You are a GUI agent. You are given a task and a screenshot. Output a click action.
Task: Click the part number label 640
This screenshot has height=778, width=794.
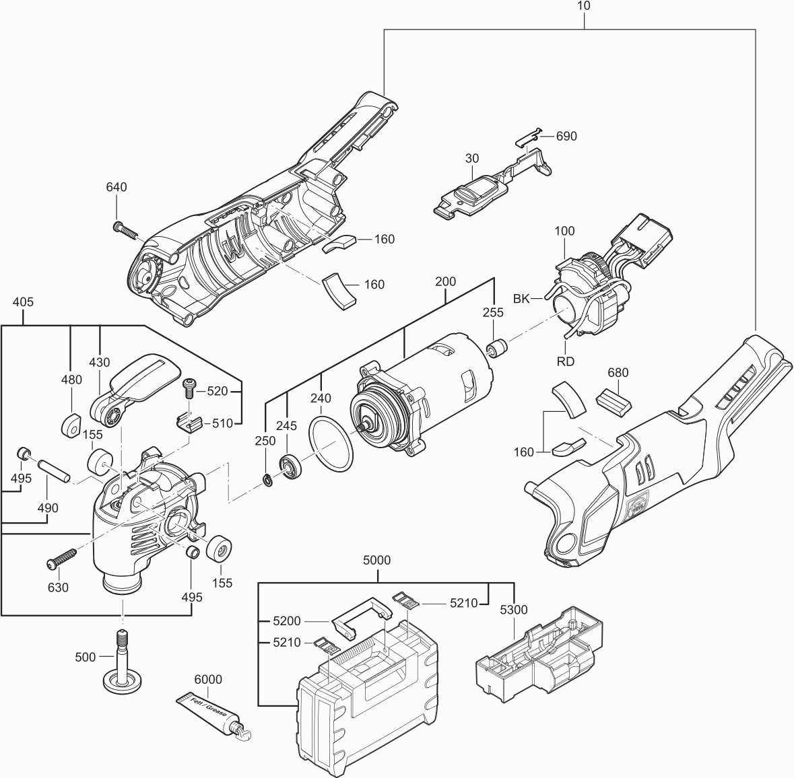tap(116, 187)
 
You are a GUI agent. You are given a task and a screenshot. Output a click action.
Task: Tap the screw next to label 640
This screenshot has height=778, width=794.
tap(125, 230)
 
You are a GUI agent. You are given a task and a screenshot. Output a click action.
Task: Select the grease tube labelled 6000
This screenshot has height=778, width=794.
tap(209, 713)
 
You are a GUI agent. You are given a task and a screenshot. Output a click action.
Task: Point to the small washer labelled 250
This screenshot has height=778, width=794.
tap(267, 480)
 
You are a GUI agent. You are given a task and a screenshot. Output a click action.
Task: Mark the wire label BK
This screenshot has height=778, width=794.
tap(521, 299)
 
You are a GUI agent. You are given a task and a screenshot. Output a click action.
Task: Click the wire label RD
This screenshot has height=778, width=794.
tap(566, 361)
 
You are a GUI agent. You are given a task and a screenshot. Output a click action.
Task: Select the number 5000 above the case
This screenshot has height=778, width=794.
tap(376, 560)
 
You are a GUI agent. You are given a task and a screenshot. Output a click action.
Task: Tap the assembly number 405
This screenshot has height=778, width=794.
tap(23, 302)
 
